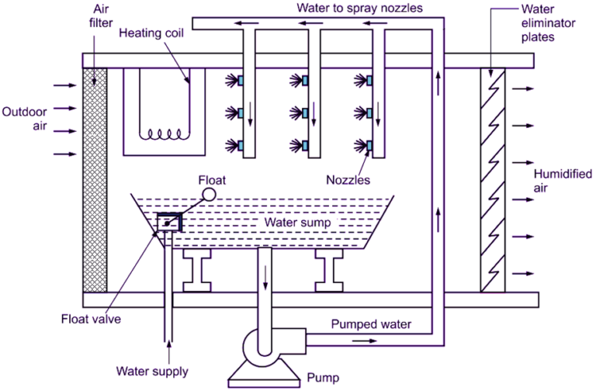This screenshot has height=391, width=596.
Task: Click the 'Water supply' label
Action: (x=151, y=371)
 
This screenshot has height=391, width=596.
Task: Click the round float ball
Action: (x=209, y=194)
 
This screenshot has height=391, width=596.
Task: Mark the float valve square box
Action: (x=169, y=223)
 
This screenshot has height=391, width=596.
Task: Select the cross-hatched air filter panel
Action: (x=94, y=178)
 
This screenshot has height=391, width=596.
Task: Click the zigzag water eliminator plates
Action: (x=493, y=178)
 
